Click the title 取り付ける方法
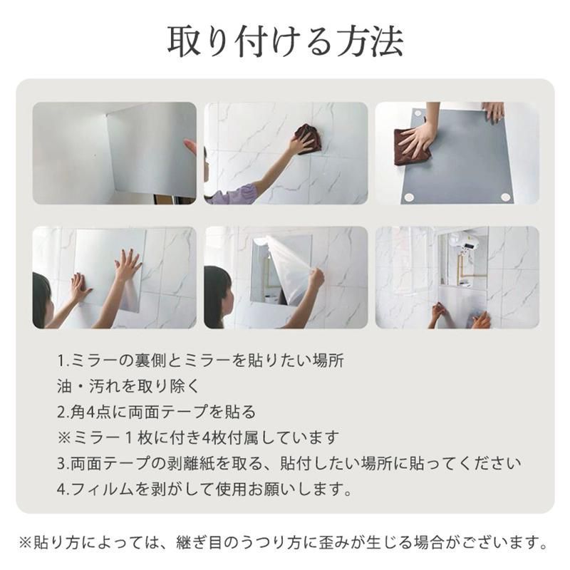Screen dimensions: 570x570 (286, 41)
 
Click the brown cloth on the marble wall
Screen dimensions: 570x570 (308, 139)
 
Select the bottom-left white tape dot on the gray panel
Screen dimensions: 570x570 (409, 198)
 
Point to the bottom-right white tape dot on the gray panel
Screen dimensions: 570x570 (505, 197)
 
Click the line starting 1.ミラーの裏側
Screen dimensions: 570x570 (201, 361)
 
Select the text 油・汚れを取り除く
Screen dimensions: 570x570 (128, 386)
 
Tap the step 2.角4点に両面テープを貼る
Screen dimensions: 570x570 (157, 412)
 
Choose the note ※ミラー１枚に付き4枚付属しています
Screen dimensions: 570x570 (198, 437)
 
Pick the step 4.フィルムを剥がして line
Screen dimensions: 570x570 (204, 489)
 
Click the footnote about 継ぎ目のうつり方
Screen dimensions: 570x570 (284, 543)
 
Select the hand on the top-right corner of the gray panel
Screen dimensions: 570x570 (494, 112)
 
